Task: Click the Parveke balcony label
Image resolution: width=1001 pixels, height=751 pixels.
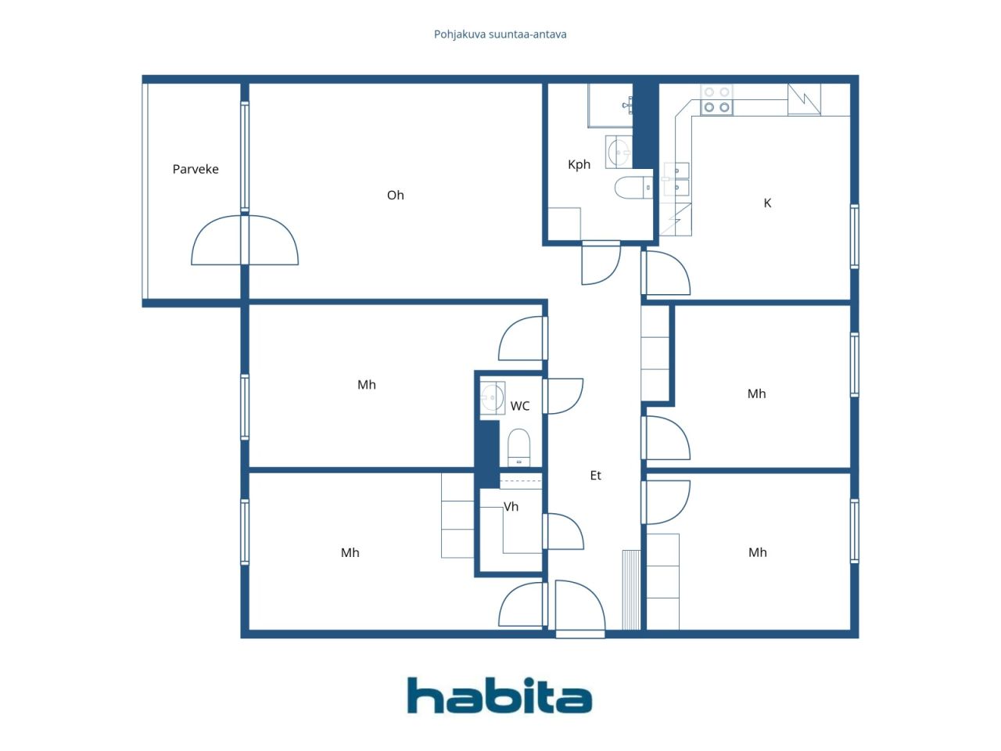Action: [196, 169]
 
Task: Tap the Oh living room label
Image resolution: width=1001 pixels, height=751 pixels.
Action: [396, 195]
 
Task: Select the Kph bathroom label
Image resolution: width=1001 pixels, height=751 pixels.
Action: [579, 164]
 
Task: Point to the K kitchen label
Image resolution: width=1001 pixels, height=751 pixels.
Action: [767, 203]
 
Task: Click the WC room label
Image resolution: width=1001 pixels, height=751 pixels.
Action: [520, 406]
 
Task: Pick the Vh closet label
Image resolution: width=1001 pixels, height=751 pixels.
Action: [511, 507]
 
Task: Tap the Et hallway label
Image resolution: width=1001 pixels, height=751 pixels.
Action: [596, 475]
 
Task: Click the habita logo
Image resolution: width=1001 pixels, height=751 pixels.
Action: [500, 695]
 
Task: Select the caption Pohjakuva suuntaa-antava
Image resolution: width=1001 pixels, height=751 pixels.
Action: [500, 34]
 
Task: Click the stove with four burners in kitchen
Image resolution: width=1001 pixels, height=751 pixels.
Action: [716, 99]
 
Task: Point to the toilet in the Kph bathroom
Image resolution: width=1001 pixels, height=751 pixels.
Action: [633, 188]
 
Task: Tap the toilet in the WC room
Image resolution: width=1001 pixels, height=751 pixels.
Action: [519, 447]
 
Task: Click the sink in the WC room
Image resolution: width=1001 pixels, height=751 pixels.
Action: [493, 397]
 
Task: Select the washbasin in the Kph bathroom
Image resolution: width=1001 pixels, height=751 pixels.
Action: [619, 152]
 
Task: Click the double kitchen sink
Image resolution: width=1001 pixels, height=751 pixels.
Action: [676, 179]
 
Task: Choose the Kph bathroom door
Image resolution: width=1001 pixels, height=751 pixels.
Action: [601, 263]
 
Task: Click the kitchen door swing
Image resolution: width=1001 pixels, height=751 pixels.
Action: [667, 273]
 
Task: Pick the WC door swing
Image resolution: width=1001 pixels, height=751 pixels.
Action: [563, 396]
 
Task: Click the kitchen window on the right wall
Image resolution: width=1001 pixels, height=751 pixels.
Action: [855, 237]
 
